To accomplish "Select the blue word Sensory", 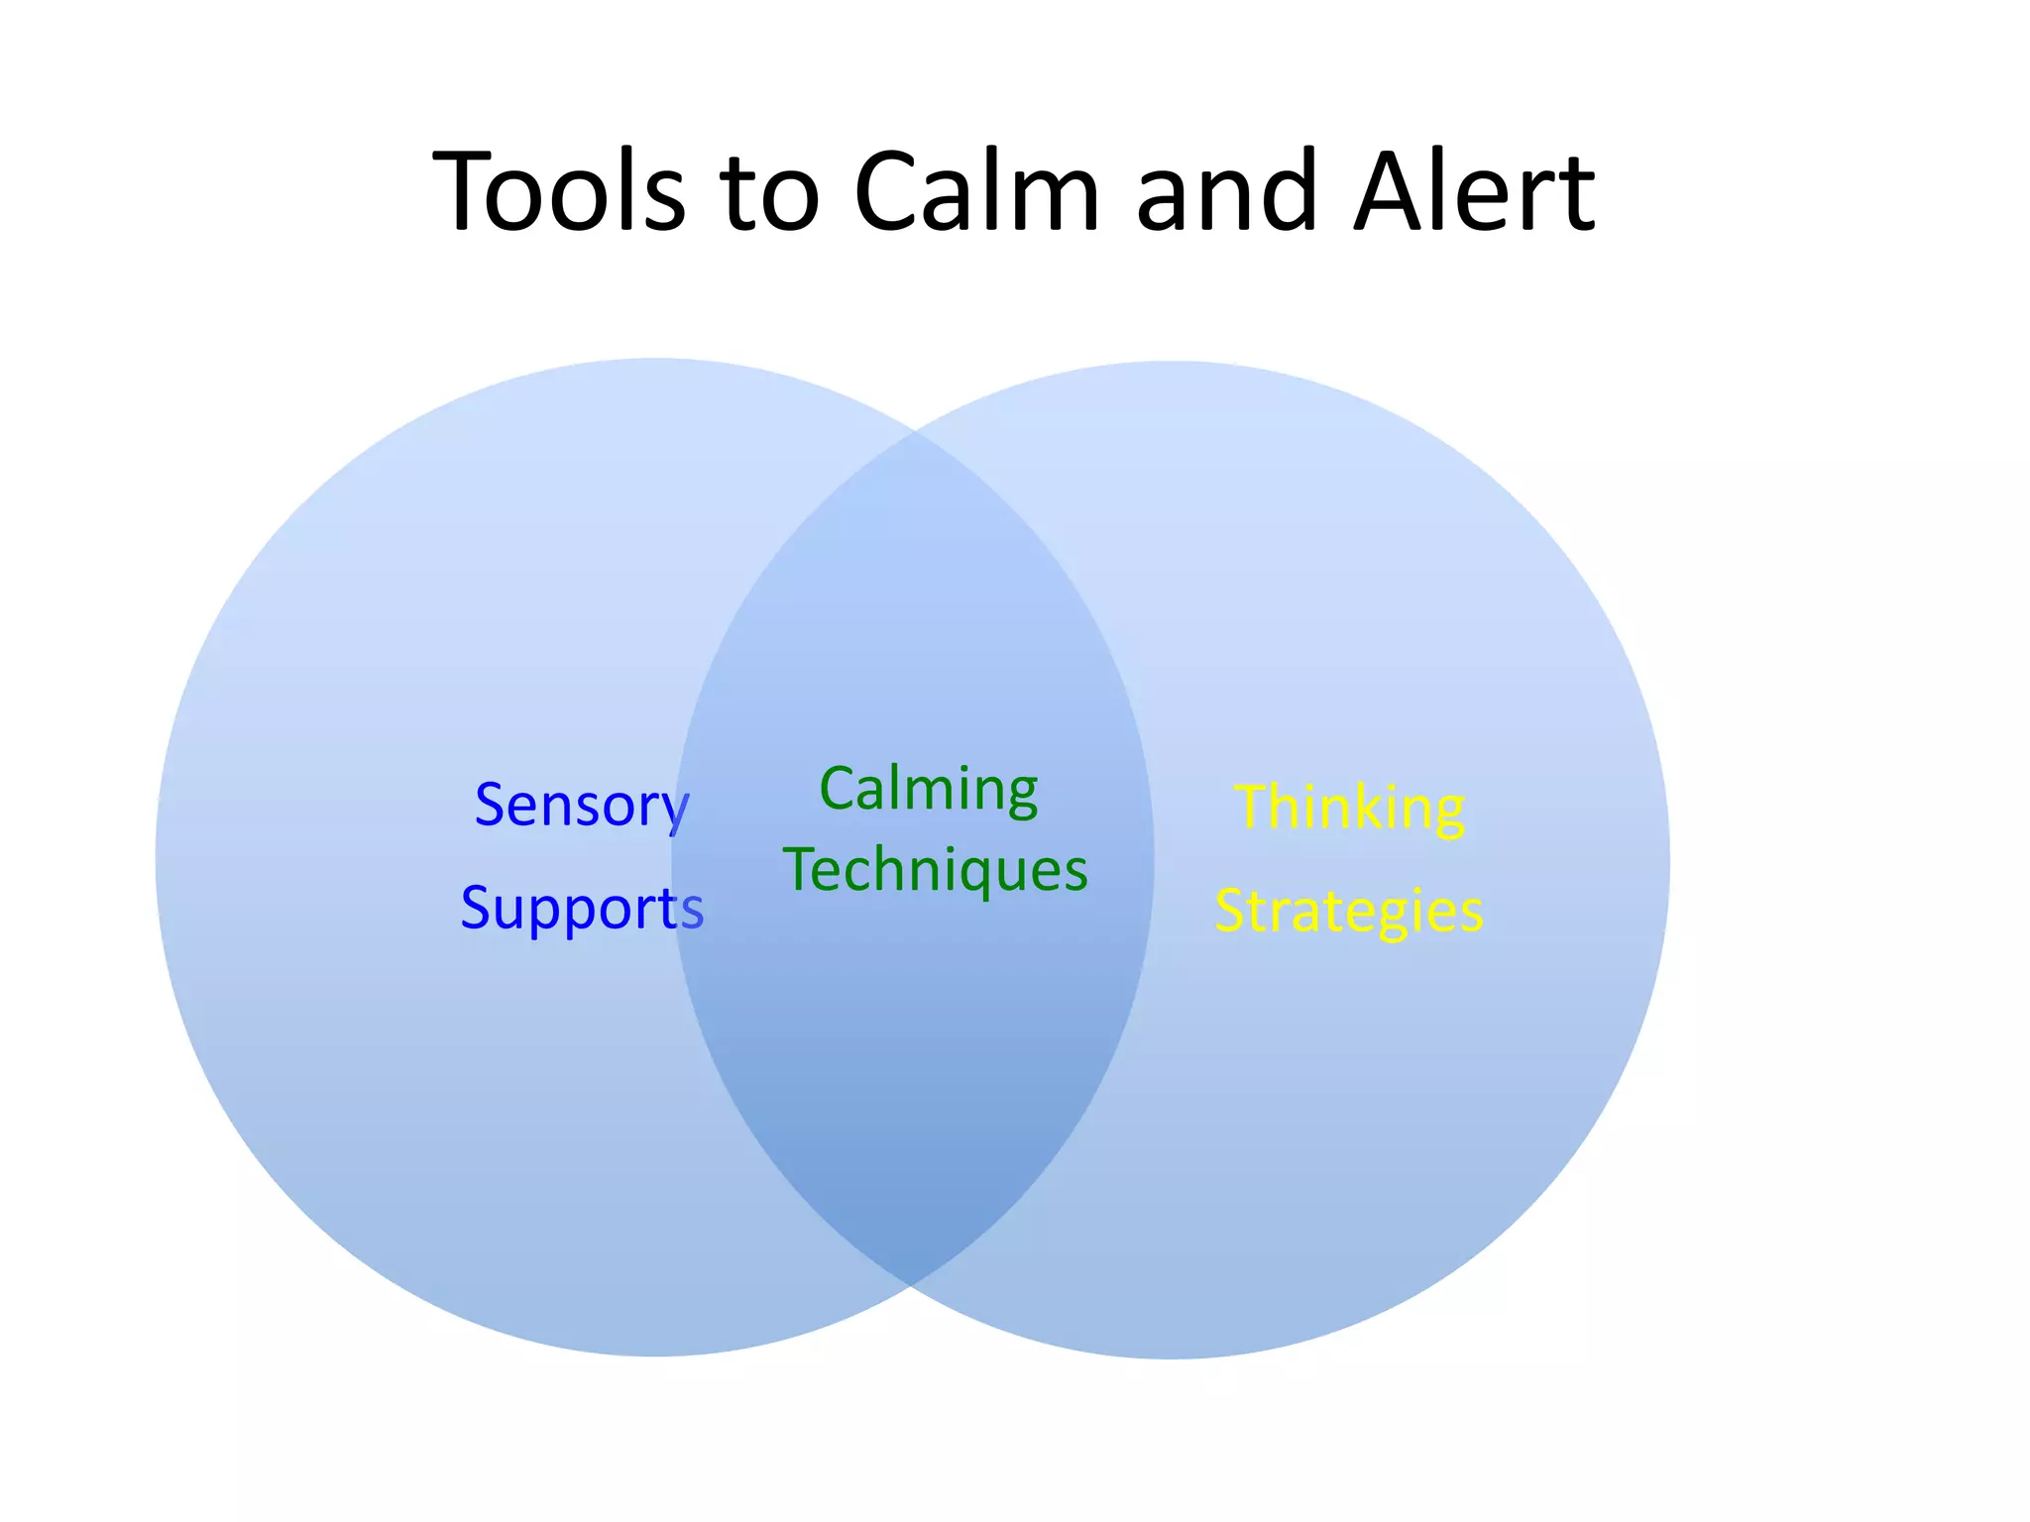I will tap(582, 805).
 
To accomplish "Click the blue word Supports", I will tap(582, 908).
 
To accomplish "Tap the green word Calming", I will tap(929, 791).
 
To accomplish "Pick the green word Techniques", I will tap(935, 870).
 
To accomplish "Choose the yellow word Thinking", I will tap(1349, 808).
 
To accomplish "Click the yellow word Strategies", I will tap(1349, 911).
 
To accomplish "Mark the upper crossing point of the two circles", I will tap(913, 432).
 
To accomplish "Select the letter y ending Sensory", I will tap(676, 811).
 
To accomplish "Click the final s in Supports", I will tap(692, 910).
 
